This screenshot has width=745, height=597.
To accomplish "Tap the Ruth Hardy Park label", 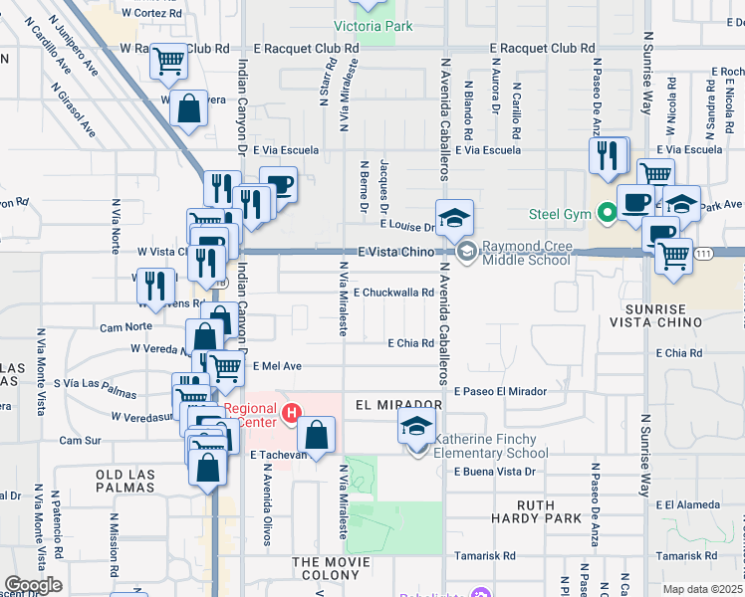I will [x=536, y=511].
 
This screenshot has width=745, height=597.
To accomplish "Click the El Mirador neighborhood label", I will [x=397, y=405].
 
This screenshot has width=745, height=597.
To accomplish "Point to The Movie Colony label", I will [x=338, y=563].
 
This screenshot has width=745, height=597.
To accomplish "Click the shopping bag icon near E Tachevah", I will [x=316, y=435].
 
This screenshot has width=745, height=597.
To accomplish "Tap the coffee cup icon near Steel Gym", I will [x=635, y=202].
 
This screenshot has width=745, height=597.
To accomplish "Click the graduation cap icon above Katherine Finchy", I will [x=417, y=429].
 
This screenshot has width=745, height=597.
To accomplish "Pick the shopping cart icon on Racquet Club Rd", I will [x=168, y=63].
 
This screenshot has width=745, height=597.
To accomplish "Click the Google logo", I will [x=33, y=585].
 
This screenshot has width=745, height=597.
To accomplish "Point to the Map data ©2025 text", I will [x=703, y=589].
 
